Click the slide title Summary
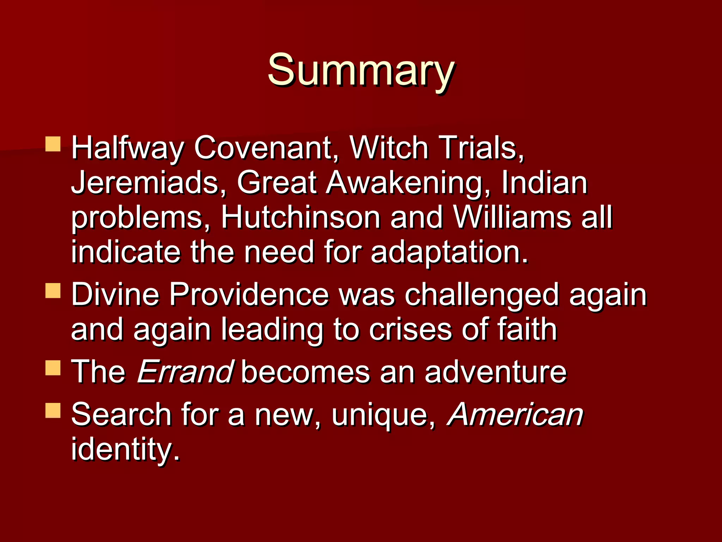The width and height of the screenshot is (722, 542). (x=360, y=70)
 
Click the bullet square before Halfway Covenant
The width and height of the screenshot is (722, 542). (x=53, y=144)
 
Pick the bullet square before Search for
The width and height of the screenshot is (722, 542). (x=53, y=410)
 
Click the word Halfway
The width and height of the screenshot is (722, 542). (x=127, y=148)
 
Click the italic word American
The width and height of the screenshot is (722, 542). (x=515, y=414)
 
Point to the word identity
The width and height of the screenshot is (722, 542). (x=125, y=450)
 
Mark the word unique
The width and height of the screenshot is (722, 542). (x=383, y=415)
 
